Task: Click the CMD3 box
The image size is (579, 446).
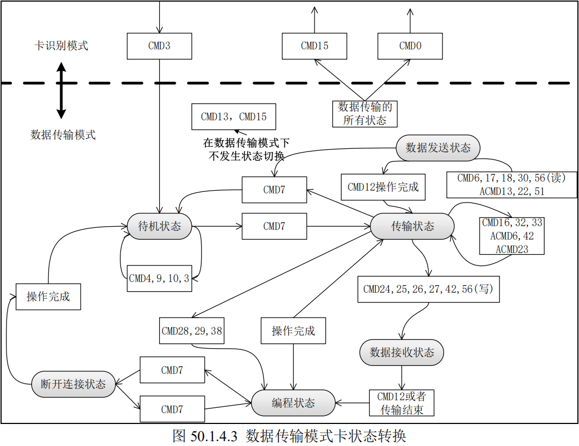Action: (x=159, y=46)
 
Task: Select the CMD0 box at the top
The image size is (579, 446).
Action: (x=410, y=46)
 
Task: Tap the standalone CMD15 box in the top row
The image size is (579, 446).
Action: (x=314, y=46)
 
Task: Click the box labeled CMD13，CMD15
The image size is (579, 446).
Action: (x=233, y=117)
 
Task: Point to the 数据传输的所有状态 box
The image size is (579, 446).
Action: (x=365, y=113)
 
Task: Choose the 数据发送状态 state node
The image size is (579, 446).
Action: (x=438, y=148)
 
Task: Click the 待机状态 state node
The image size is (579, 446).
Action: (x=160, y=226)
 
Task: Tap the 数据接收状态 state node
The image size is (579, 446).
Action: (x=402, y=353)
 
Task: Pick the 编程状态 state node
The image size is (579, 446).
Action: (x=293, y=403)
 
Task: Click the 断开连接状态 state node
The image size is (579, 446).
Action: (x=73, y=384)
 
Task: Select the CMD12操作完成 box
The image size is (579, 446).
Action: (x=383, y=188)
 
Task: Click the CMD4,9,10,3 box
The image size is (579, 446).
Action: (x=159, y=278)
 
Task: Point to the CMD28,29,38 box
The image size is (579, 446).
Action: (x=192, y=331)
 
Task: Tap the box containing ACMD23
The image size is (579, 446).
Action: (x=512, y=236)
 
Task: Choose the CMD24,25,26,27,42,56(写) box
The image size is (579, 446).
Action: (x=428, y=289)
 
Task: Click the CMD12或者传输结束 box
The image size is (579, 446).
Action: (x=402, y=403)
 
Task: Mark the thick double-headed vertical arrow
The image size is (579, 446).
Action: (x=61, y=91)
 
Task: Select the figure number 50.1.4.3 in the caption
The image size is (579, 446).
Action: (x=213, y=436)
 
